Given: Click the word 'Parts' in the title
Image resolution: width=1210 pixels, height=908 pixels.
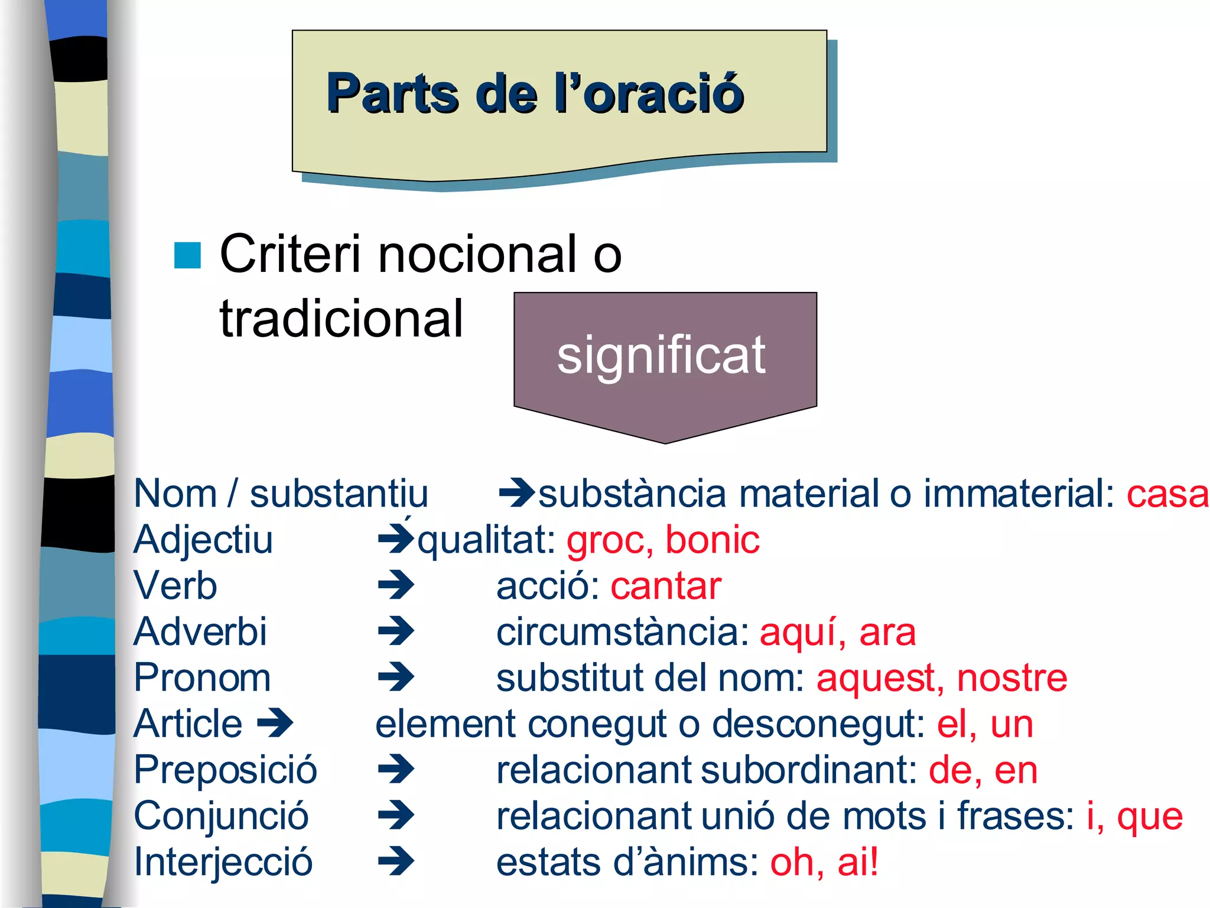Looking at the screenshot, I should point(392,93).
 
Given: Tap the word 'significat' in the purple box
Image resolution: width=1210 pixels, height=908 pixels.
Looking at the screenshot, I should point(661,355).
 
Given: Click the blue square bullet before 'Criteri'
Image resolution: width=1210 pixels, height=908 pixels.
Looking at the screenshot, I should point(187,255).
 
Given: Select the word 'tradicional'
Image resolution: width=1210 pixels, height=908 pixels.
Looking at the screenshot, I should point(341,319).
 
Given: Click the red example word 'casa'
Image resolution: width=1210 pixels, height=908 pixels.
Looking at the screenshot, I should point(1167,494).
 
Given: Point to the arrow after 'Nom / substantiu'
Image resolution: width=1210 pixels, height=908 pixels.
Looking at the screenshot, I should point(516,493).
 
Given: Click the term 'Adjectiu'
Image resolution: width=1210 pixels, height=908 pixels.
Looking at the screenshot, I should point(203,540).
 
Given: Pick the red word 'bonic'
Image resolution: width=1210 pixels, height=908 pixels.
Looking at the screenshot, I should point(712,540).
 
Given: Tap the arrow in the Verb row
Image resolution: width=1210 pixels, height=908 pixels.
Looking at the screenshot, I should point(396,586).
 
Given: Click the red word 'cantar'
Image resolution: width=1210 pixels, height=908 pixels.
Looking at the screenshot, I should point(666,586).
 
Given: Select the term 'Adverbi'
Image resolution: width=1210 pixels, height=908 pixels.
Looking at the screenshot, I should point(200,631).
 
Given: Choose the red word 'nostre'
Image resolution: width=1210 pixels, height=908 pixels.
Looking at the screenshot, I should point(1012,677).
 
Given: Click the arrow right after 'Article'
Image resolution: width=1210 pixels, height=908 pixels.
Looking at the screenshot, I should point(275,723).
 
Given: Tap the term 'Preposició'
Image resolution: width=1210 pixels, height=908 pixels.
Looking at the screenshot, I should point(226,770).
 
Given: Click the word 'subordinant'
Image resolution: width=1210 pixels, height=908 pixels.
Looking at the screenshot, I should point(809,770).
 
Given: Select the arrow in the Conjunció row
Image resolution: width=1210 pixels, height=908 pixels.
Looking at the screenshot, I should point(396,816).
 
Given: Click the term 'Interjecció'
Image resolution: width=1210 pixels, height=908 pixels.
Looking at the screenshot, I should point(223,862).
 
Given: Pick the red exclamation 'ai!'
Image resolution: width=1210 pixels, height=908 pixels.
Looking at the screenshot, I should point(858,862).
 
